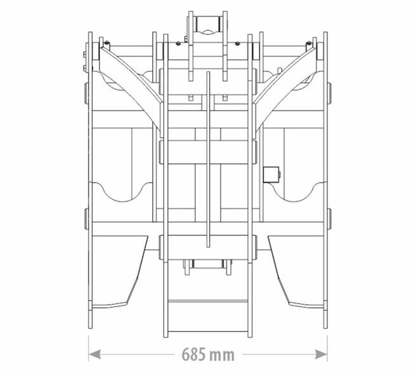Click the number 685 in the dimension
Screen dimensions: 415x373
point(193,355)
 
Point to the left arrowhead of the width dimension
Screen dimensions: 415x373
point(95,354)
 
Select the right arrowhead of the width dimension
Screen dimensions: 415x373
point(321,354)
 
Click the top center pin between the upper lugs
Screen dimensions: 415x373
point(208,24)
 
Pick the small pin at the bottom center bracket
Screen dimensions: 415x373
point(208,264)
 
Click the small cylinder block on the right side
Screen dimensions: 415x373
point(272,174)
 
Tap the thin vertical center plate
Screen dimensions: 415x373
point(208,159)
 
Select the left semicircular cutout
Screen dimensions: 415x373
point(122,192)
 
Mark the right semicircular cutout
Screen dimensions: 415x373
point(294,192)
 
